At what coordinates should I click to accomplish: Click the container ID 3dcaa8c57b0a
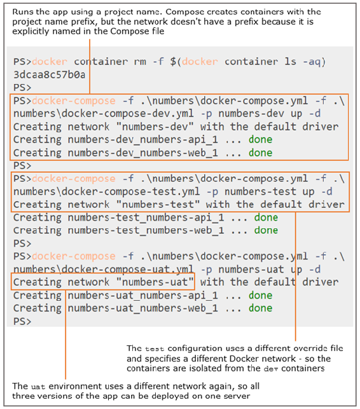pyautogui.click(x=50, y=75)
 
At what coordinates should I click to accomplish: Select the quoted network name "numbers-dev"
pyautogui.click(x=155, y=127)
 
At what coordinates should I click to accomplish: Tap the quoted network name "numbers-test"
pyautogui.click(x=158, y=204)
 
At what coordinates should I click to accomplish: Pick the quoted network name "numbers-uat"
pyautogui.click(x=155, y=282)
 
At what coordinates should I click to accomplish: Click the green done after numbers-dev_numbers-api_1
pyautogui.click(x=260, y=139)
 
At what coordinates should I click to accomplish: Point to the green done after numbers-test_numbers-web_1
pyautogui.click(x=266, y=230)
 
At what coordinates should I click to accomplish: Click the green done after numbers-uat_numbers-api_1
pyautogui.click(x=260, y=295)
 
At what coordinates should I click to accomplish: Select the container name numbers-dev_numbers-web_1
pyautogui.click(x=142, y=153)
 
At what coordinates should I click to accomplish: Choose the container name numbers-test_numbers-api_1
pyautogui.click(x=146, y=218)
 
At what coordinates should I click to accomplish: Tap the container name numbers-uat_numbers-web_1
pyautogui.click(x=142, y=308)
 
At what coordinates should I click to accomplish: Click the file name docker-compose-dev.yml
pyautogui.click(x=128, y=114)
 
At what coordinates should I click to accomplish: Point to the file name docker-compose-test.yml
pyautogui.click(x=130, y=191)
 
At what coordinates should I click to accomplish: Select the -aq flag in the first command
pyautogui.click(x=312, y=62)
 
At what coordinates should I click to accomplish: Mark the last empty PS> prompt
pyautogui.click(x=22, y=321)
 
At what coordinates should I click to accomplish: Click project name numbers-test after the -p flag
pyautogui.click(x=260, y=191)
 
